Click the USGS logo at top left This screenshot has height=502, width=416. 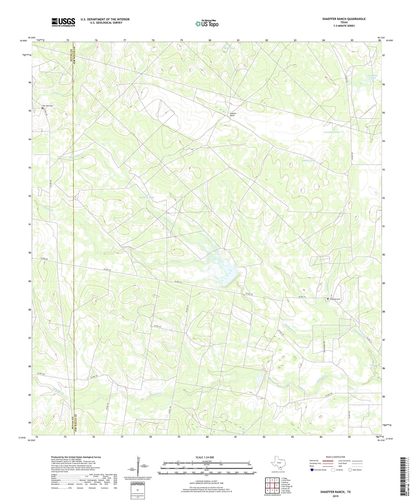tap(63, 22)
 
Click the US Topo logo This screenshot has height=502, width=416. tap(207, 24)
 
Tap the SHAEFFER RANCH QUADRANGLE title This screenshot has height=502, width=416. tap(344, 19)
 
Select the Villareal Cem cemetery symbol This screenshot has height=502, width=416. tap(328, 299)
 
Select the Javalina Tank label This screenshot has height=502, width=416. tap(331, 132)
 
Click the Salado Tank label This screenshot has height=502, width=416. tap(308, 160)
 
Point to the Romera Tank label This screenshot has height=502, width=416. tap(146, 197)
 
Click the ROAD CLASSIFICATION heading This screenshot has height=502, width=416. tap(336, 457)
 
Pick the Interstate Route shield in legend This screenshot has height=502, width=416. tap(312, 470)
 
